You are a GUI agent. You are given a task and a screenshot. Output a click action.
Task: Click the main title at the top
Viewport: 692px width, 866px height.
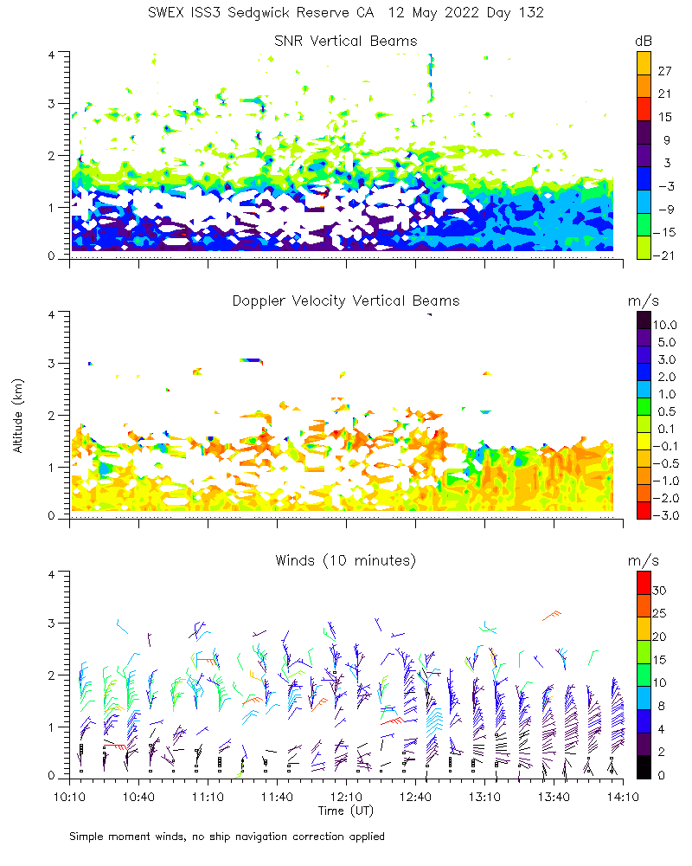point(345,14)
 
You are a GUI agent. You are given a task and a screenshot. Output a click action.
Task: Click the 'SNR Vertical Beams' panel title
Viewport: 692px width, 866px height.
point(345,41)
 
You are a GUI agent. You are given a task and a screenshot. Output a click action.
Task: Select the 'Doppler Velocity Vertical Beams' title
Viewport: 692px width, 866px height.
point(345,301)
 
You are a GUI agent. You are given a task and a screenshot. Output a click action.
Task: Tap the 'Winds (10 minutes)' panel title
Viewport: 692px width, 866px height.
point(345,560)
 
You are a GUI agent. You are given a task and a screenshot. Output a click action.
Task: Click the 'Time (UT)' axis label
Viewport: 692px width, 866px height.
point(345,811)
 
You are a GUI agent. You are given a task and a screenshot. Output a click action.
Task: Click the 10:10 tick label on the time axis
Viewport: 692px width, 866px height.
point(69,796)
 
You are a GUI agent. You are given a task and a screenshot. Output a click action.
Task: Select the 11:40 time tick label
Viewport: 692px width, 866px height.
point(277,796)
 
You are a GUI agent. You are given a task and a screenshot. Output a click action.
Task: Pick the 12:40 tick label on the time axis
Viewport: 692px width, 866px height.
point(415,796)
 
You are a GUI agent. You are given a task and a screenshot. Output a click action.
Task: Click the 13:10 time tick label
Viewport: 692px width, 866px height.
point(484,796)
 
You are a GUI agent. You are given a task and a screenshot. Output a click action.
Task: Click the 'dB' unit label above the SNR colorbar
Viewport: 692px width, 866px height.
point(644,41)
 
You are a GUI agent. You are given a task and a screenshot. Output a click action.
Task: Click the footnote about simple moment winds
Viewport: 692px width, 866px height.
point(227,837)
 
